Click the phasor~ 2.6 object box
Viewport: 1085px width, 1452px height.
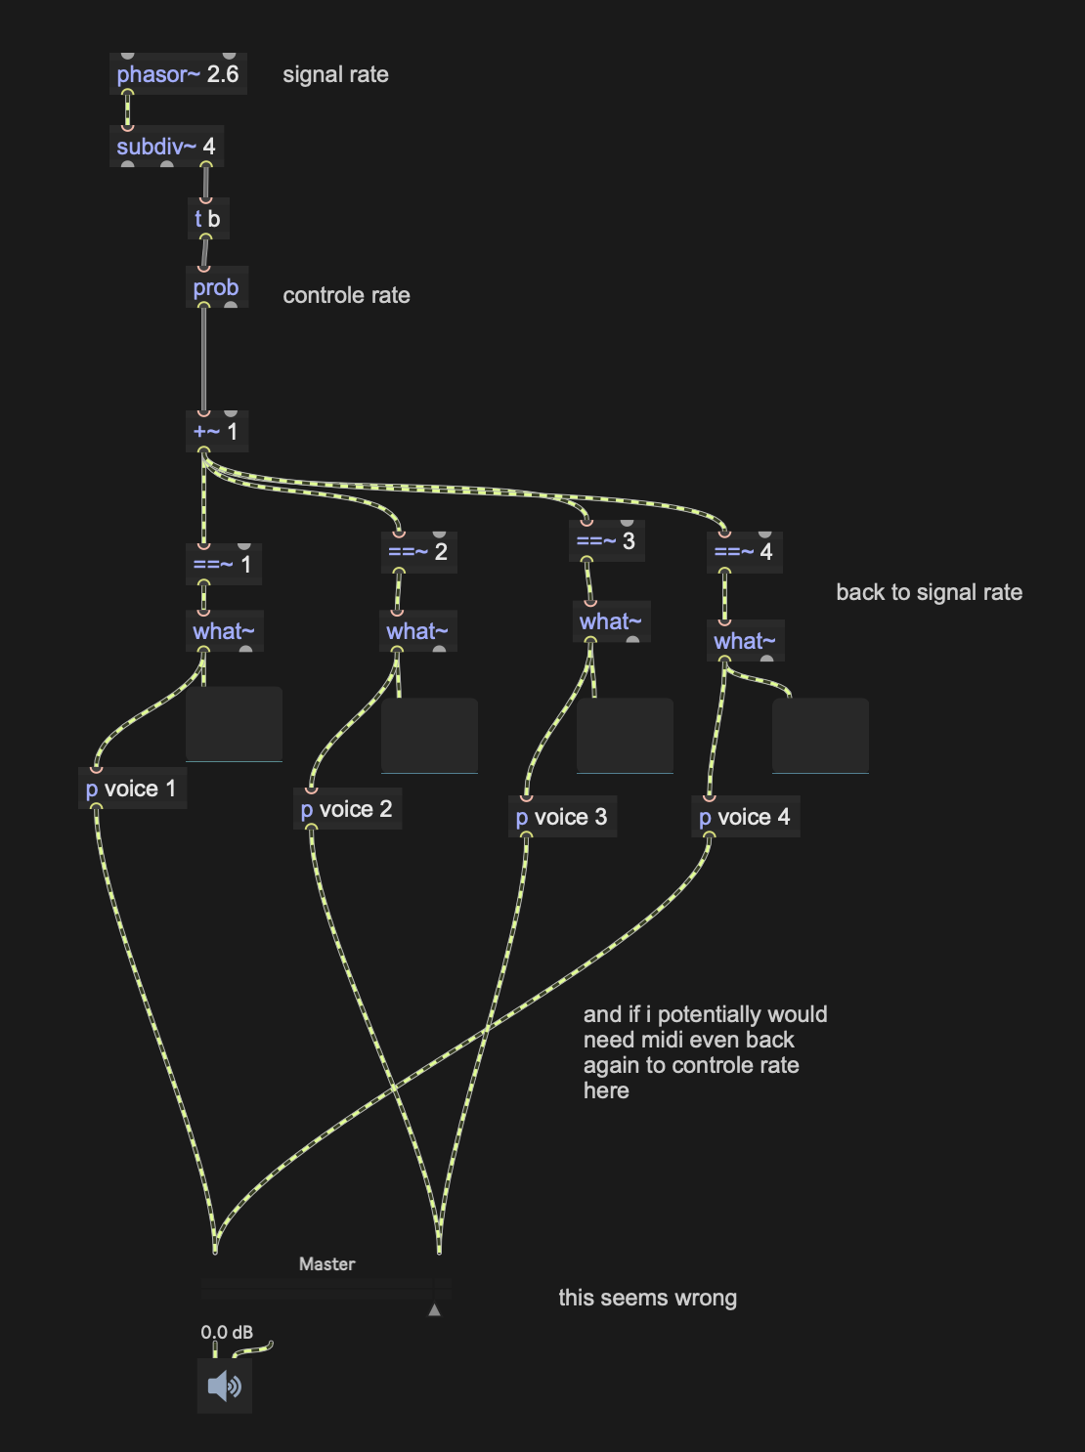click(178, 74)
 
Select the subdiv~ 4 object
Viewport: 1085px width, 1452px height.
click(166, 147)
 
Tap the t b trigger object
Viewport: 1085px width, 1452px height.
click(207, 219)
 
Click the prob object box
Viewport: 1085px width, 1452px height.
click(216, 287)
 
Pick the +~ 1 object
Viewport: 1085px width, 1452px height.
click(216, 431)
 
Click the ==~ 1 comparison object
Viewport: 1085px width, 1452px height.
click(223, 564)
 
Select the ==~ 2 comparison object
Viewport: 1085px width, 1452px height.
click(418, 551)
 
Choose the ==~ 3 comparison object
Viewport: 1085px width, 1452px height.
click(606, 540)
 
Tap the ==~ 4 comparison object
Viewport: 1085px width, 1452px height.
click(744, 551)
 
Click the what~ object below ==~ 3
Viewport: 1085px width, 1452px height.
click(610, 621)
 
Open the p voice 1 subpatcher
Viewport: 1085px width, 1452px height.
click(131, 789)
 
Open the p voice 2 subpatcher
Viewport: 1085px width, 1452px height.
click(347, 809)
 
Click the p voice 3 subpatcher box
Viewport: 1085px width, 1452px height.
click(562, 817)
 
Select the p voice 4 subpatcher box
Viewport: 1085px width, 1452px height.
click(745, 817)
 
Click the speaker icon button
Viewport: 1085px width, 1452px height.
click(225, 1386)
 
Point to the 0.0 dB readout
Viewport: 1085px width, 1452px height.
click(227, 1332)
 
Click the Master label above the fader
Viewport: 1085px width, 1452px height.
click(326, 1263)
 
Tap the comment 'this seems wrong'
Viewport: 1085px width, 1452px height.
click(647, 1298)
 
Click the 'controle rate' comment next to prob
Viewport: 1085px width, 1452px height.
click(346, 295)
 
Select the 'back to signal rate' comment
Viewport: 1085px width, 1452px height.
click(929, 592)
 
